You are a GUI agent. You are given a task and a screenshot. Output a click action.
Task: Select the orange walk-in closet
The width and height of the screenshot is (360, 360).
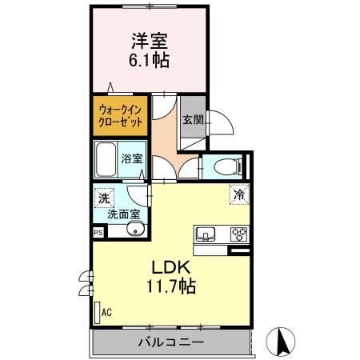[121, 114]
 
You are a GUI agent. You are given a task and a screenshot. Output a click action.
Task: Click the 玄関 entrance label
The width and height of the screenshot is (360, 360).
[192, 120]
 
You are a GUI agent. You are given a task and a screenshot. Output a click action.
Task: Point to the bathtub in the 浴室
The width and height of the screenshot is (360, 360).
[106, 161]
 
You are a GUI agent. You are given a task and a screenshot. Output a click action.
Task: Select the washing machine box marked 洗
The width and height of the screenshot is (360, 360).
[105, 197]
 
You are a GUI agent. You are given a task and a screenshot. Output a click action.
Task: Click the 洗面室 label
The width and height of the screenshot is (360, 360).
[124, 214]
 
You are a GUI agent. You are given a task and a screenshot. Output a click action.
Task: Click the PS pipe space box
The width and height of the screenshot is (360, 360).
[98, 233]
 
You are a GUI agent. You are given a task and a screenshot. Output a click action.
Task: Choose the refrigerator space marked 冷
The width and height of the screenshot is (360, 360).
[239, 194]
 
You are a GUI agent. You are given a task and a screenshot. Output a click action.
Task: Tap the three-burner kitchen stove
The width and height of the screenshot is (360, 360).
[238, 234]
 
